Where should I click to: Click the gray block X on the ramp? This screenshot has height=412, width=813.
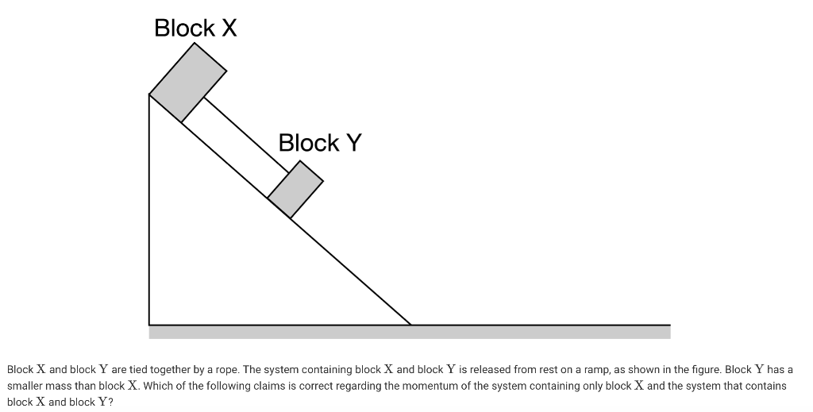[x=188, y=82]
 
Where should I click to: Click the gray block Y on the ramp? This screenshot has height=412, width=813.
[x=295, y=189]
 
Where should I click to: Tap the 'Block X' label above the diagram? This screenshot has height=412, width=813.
[x=195, y=29]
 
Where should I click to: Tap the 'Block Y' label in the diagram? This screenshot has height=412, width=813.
[x=320, y=143]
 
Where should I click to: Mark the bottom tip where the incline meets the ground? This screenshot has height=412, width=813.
[x=410, y=324]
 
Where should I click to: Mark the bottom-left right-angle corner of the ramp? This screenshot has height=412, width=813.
[x=150, y=324]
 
